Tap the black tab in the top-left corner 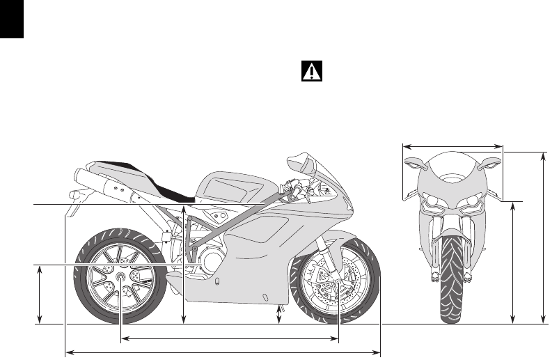(x=12, y=19)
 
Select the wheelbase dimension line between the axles (x=230, y=339)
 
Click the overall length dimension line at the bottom (x=223, y=352)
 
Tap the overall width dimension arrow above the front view (x=453, y=146)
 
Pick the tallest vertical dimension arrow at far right (x=544, y=237)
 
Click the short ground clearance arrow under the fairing (x=280, y=314)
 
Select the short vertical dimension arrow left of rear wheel (x=39, y=294)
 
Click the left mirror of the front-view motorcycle (x=412, y=164)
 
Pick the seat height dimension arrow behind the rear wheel (x=184, y=265)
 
